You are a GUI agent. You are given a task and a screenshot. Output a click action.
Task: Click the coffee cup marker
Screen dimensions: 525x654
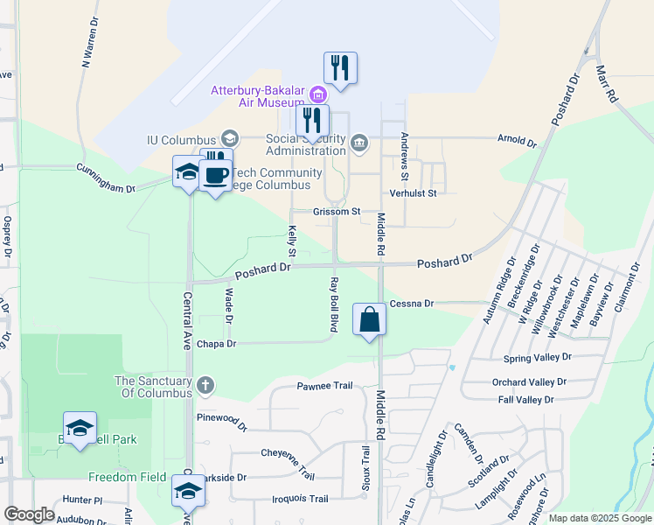[215, 176]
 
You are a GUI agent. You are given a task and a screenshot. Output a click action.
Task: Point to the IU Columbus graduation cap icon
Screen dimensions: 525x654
[230, 137]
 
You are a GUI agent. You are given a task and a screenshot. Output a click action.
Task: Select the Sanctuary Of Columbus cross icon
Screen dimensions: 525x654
[205, 384]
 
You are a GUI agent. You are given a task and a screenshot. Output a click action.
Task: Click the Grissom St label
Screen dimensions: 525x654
[337, 212]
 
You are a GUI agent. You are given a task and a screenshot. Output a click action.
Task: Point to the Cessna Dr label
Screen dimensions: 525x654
[412, 304]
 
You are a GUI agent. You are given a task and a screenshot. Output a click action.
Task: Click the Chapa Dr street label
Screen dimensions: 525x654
[217, 344]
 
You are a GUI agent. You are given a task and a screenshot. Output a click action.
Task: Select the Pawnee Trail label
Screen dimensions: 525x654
[324, 386]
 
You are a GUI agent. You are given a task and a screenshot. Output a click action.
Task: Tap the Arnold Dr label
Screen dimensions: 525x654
[516, 140]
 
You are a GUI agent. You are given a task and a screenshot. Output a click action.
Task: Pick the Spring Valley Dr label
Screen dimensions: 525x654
[537, 358]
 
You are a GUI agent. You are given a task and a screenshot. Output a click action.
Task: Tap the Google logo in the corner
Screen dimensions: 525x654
[29, 514]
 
